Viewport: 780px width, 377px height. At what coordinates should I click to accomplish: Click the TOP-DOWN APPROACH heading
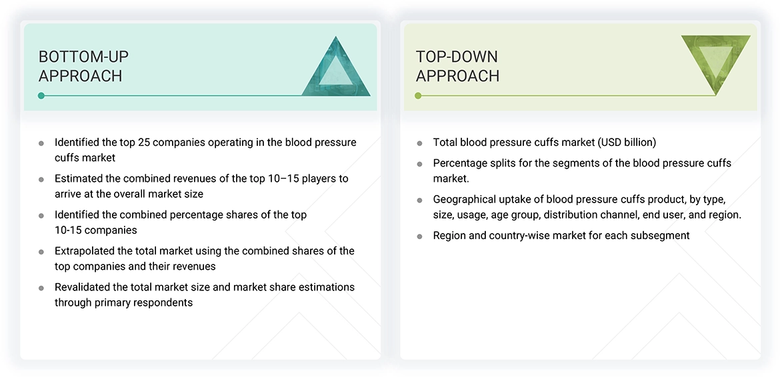pos(457,66)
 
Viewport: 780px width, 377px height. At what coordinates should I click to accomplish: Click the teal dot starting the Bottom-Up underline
pos(41,96)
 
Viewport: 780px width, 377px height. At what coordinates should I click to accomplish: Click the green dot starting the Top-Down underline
pos(419,96)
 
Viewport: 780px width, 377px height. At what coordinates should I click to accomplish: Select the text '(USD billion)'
pos(627,143)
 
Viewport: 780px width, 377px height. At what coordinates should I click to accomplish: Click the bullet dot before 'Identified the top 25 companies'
pos(41,143)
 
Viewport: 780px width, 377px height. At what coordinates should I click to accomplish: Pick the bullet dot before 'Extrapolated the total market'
pos(41,252)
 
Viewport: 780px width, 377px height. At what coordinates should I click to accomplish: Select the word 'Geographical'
pos(465,199)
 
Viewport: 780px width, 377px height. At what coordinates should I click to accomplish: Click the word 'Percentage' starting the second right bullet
pos(459,163)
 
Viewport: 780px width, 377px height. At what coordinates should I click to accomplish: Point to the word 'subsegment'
pos(661,235)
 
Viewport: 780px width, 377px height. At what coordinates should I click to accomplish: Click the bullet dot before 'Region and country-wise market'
pos(419,236)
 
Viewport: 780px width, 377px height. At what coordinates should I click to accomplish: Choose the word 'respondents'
pos(163,302)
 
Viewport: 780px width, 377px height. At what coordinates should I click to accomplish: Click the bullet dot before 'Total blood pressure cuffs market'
pos(419,143)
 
